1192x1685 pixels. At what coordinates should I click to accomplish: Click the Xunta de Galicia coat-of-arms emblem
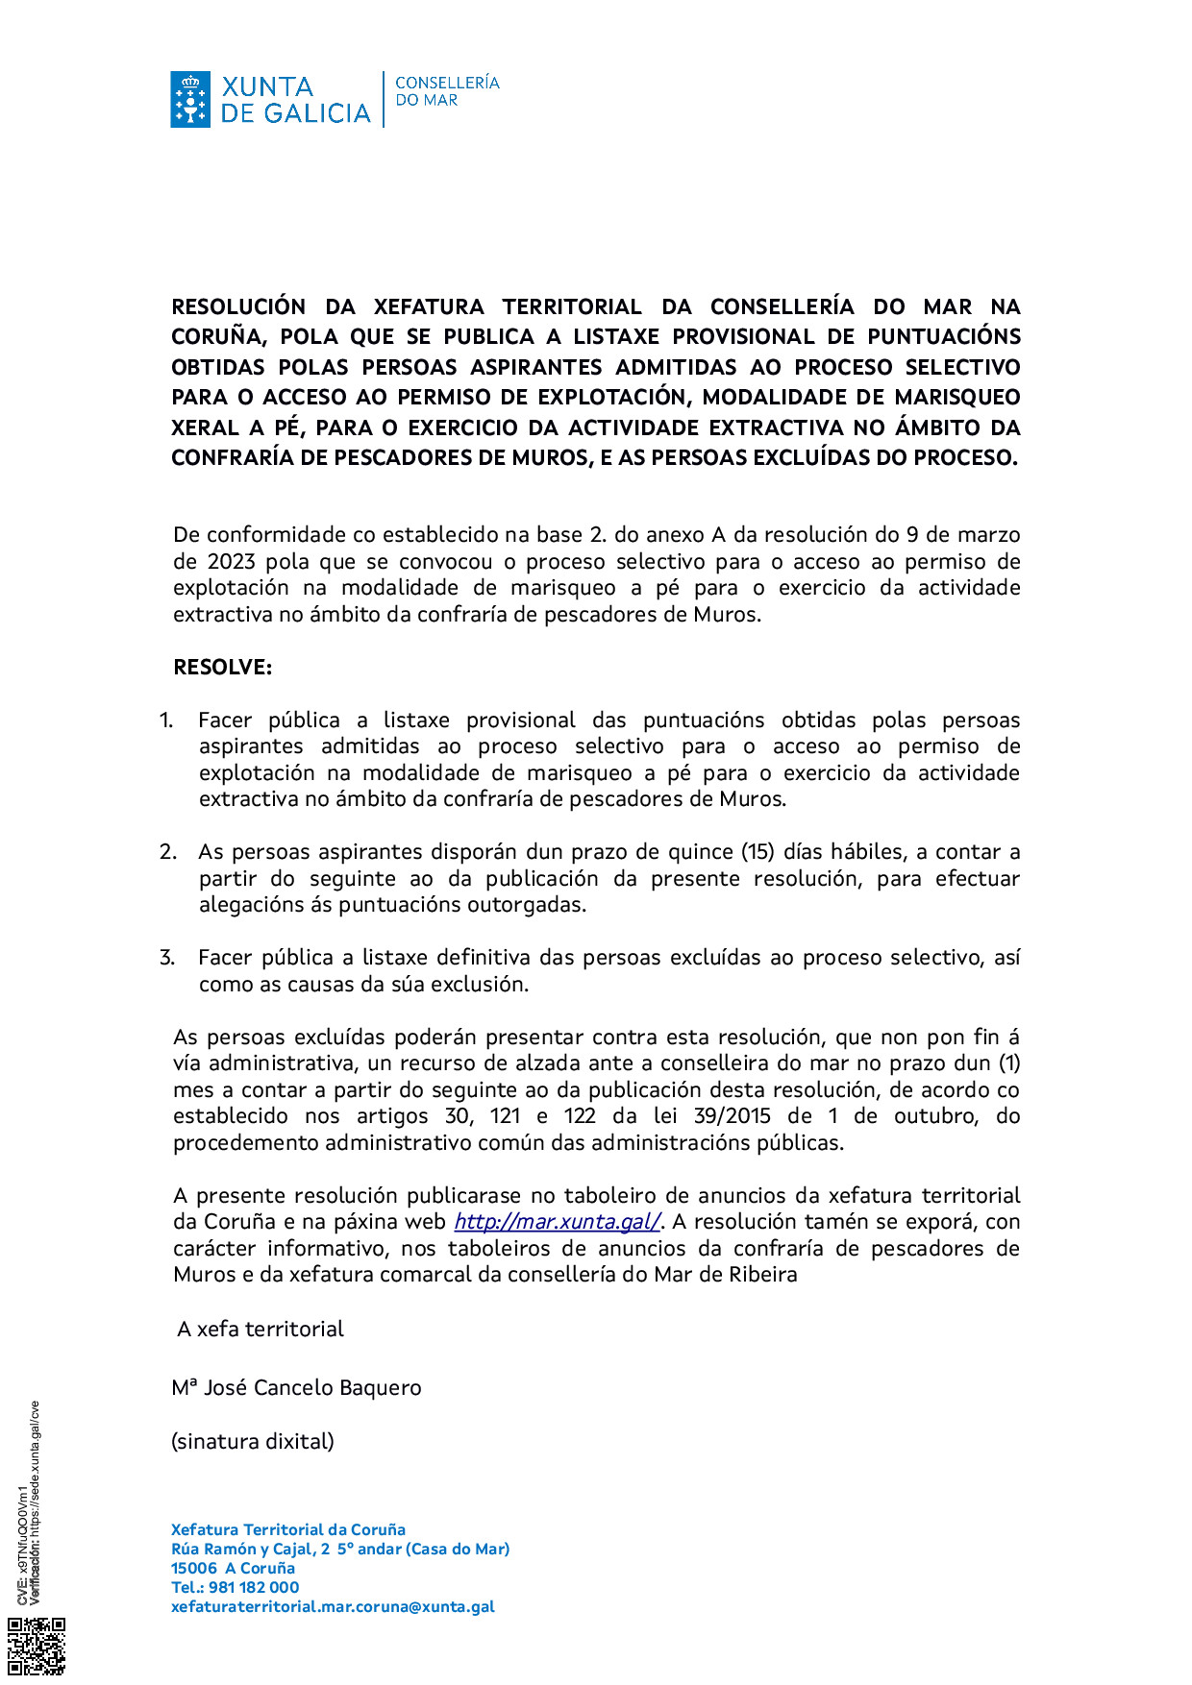pos(190,99)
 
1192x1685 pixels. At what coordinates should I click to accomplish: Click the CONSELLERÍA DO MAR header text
pos(447,91)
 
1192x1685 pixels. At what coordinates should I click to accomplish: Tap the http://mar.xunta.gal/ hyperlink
pos(557,1221)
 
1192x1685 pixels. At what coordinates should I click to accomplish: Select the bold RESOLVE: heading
pos(222,667)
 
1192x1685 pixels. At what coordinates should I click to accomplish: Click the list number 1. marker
pos(166,720)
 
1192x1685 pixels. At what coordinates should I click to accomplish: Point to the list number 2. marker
pos(168,851)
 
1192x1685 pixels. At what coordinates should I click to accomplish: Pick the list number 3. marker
pos(167,957)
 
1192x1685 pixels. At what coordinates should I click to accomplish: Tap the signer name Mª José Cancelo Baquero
pos(296,1387)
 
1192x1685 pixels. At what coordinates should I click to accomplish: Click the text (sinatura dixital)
pos(253,1441)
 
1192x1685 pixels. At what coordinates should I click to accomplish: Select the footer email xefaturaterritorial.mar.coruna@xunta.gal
pos(333,1606)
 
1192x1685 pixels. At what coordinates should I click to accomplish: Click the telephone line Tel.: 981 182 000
pos(235,1587)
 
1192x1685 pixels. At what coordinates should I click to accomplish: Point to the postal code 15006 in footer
pos(194,1568)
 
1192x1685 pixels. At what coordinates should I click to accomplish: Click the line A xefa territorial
pos(260,1329)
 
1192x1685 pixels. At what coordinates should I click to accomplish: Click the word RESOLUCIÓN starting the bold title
pos(238,306)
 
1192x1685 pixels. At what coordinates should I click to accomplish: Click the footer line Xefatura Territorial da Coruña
pos(288,1529)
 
